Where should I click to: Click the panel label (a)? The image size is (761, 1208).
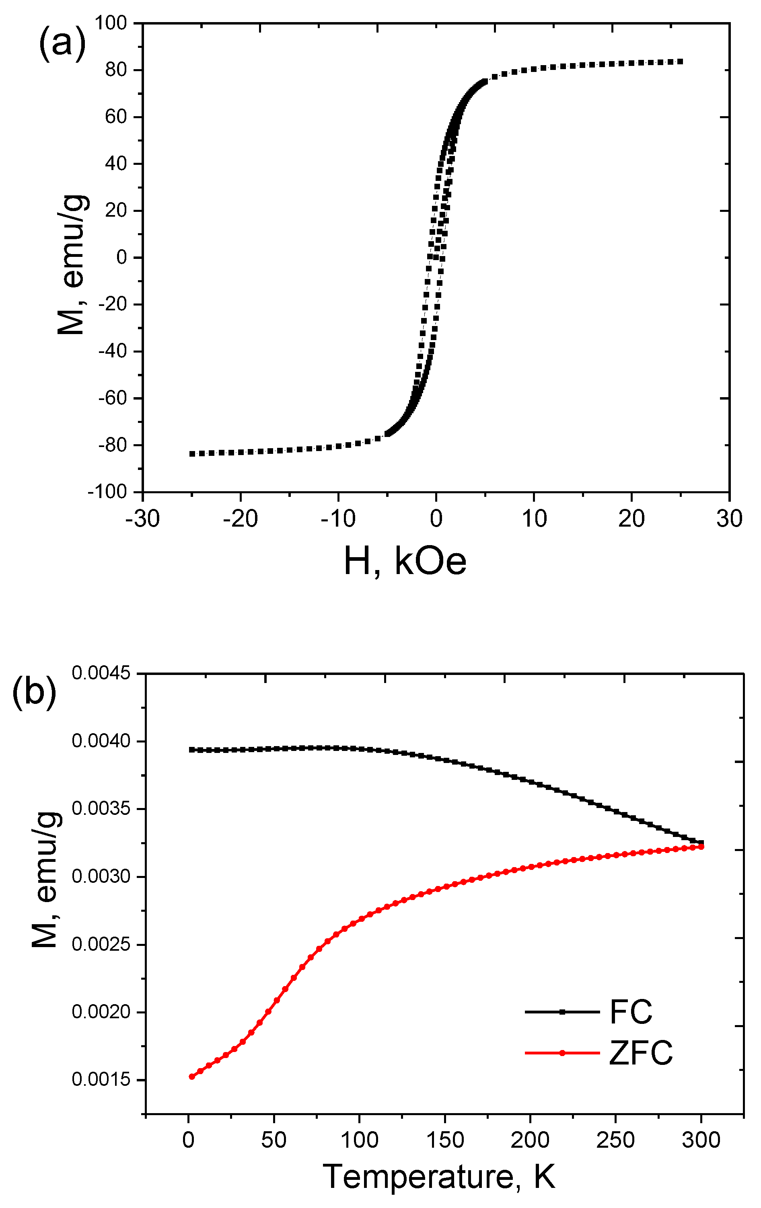(x=62, y=44)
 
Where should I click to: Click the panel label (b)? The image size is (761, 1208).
(x=34, y=693)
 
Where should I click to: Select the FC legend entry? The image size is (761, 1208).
(x=631, y=1012)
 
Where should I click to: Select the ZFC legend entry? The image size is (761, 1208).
(x=640, y=1052)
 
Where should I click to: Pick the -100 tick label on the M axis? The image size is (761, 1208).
(x=107, y=492)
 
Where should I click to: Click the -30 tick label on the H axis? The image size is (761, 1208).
(x=142, y=519)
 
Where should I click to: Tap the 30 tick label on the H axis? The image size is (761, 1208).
(x=729, y=519)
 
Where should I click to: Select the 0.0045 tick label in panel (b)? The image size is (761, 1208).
(x=101, y=673)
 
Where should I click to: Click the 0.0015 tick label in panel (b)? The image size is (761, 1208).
(x=101, y=1080)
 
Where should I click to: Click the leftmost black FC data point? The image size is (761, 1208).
(x=191, y=750)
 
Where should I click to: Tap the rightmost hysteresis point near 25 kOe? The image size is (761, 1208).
(x=680, y=62)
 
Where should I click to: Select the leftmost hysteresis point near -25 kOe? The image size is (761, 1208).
(x=192, y=453)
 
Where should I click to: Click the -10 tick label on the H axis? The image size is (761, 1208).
(x=338, y=519)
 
